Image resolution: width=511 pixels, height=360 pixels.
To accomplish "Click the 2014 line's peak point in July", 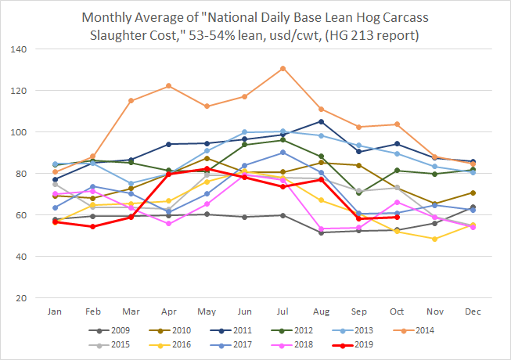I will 282,68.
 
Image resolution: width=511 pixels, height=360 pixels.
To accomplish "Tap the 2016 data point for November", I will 434,239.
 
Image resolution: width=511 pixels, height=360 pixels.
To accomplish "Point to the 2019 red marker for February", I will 93,227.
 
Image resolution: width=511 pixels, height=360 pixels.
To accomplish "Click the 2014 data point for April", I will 169,86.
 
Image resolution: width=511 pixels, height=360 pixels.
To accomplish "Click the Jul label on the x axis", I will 282,311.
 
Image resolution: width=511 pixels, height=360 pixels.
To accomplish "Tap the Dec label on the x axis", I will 473,311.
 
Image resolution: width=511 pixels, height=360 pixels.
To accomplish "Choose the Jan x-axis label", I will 55,311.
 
